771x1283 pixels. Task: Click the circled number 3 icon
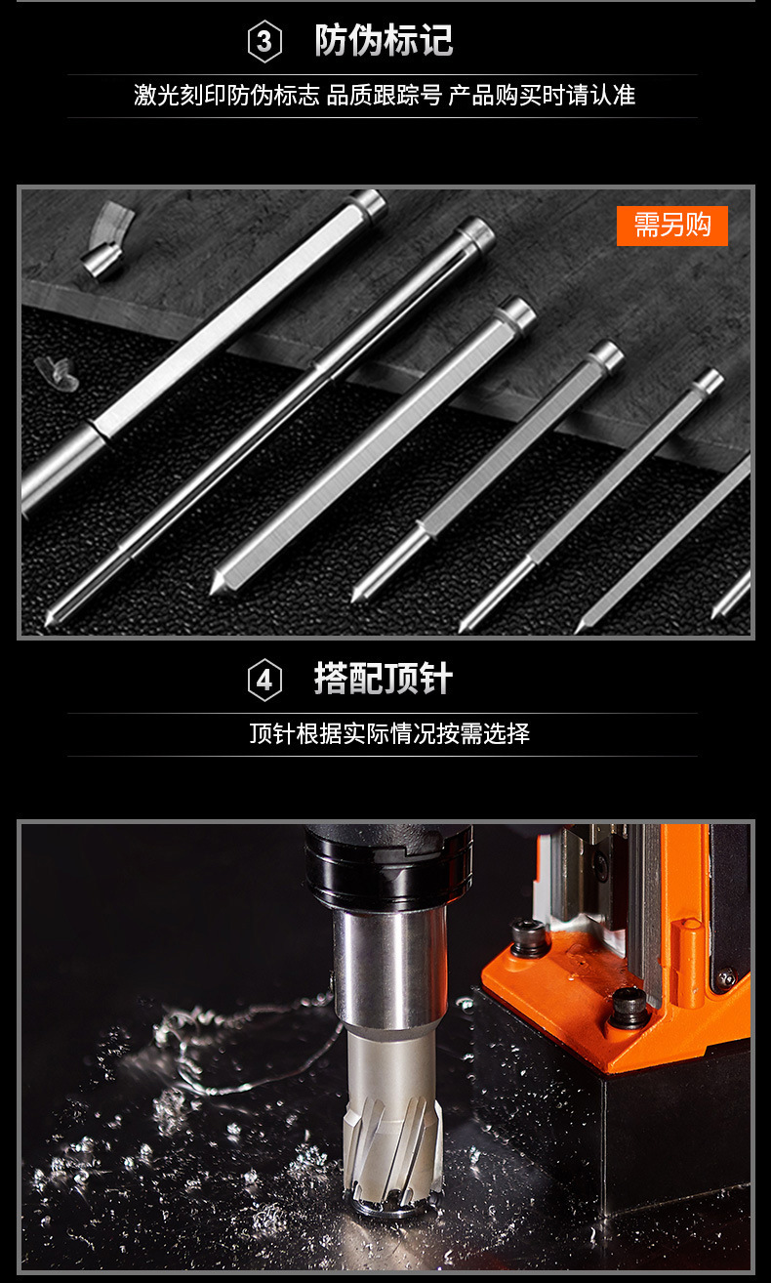tap(264, 42)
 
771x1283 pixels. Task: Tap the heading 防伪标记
tap(384, 41)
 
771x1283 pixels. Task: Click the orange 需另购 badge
tap(672, 226)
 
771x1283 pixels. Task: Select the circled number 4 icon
tap(264, 681)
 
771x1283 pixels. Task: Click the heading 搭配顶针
tap(384, 680)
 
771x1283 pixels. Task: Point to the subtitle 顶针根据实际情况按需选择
tap(389, 733)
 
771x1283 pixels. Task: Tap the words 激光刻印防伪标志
tap(226, 95)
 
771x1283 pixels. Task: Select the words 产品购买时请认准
tap(542, 95)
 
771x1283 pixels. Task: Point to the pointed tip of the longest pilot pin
tap(49, 618)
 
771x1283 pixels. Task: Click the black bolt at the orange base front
tap(629, 1006)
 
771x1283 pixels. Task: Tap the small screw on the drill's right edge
tap(725, 976)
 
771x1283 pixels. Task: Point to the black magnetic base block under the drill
tap(673, 1152)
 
